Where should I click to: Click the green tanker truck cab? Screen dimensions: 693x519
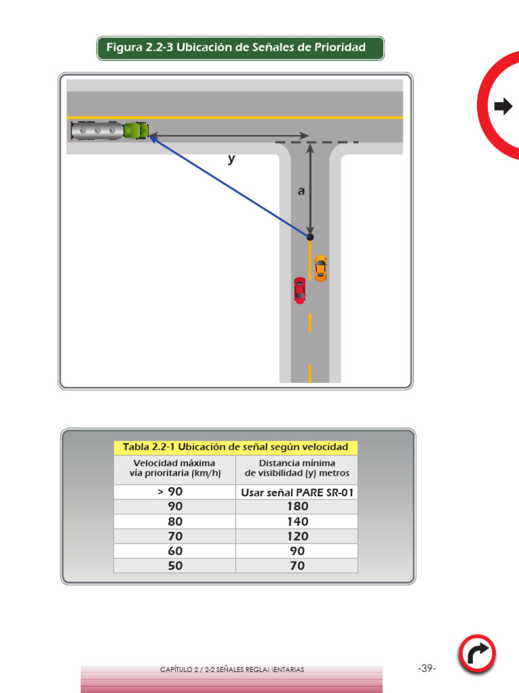[137, 130]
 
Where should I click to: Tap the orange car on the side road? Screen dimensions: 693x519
[320, 268]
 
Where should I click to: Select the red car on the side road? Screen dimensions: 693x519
[299, 290]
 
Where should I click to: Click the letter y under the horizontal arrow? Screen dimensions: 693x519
[231, 159]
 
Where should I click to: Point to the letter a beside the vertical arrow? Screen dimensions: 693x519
[301, 192]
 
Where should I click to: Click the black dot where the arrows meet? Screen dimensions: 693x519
[310, 237]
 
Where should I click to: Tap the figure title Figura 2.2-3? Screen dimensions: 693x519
[241, 48]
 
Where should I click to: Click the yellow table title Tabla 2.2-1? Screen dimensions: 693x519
[235, 447]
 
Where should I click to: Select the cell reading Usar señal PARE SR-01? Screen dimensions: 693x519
[297, 492]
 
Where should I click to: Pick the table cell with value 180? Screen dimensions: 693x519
[297, 507]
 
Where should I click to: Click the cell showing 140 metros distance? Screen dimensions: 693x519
[297, 522]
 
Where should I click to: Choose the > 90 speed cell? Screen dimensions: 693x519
[174, 492]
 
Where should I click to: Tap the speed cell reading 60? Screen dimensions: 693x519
[174, 551]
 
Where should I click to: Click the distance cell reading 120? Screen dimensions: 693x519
[297, 536]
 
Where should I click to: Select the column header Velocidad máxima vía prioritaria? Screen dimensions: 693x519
[174, 468]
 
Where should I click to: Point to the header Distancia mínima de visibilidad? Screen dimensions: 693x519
[297, 468]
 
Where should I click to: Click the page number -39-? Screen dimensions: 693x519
[427, 669]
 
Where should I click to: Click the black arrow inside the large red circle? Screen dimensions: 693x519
[503, 106]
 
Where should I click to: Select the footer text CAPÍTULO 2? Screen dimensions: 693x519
[232, 669]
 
